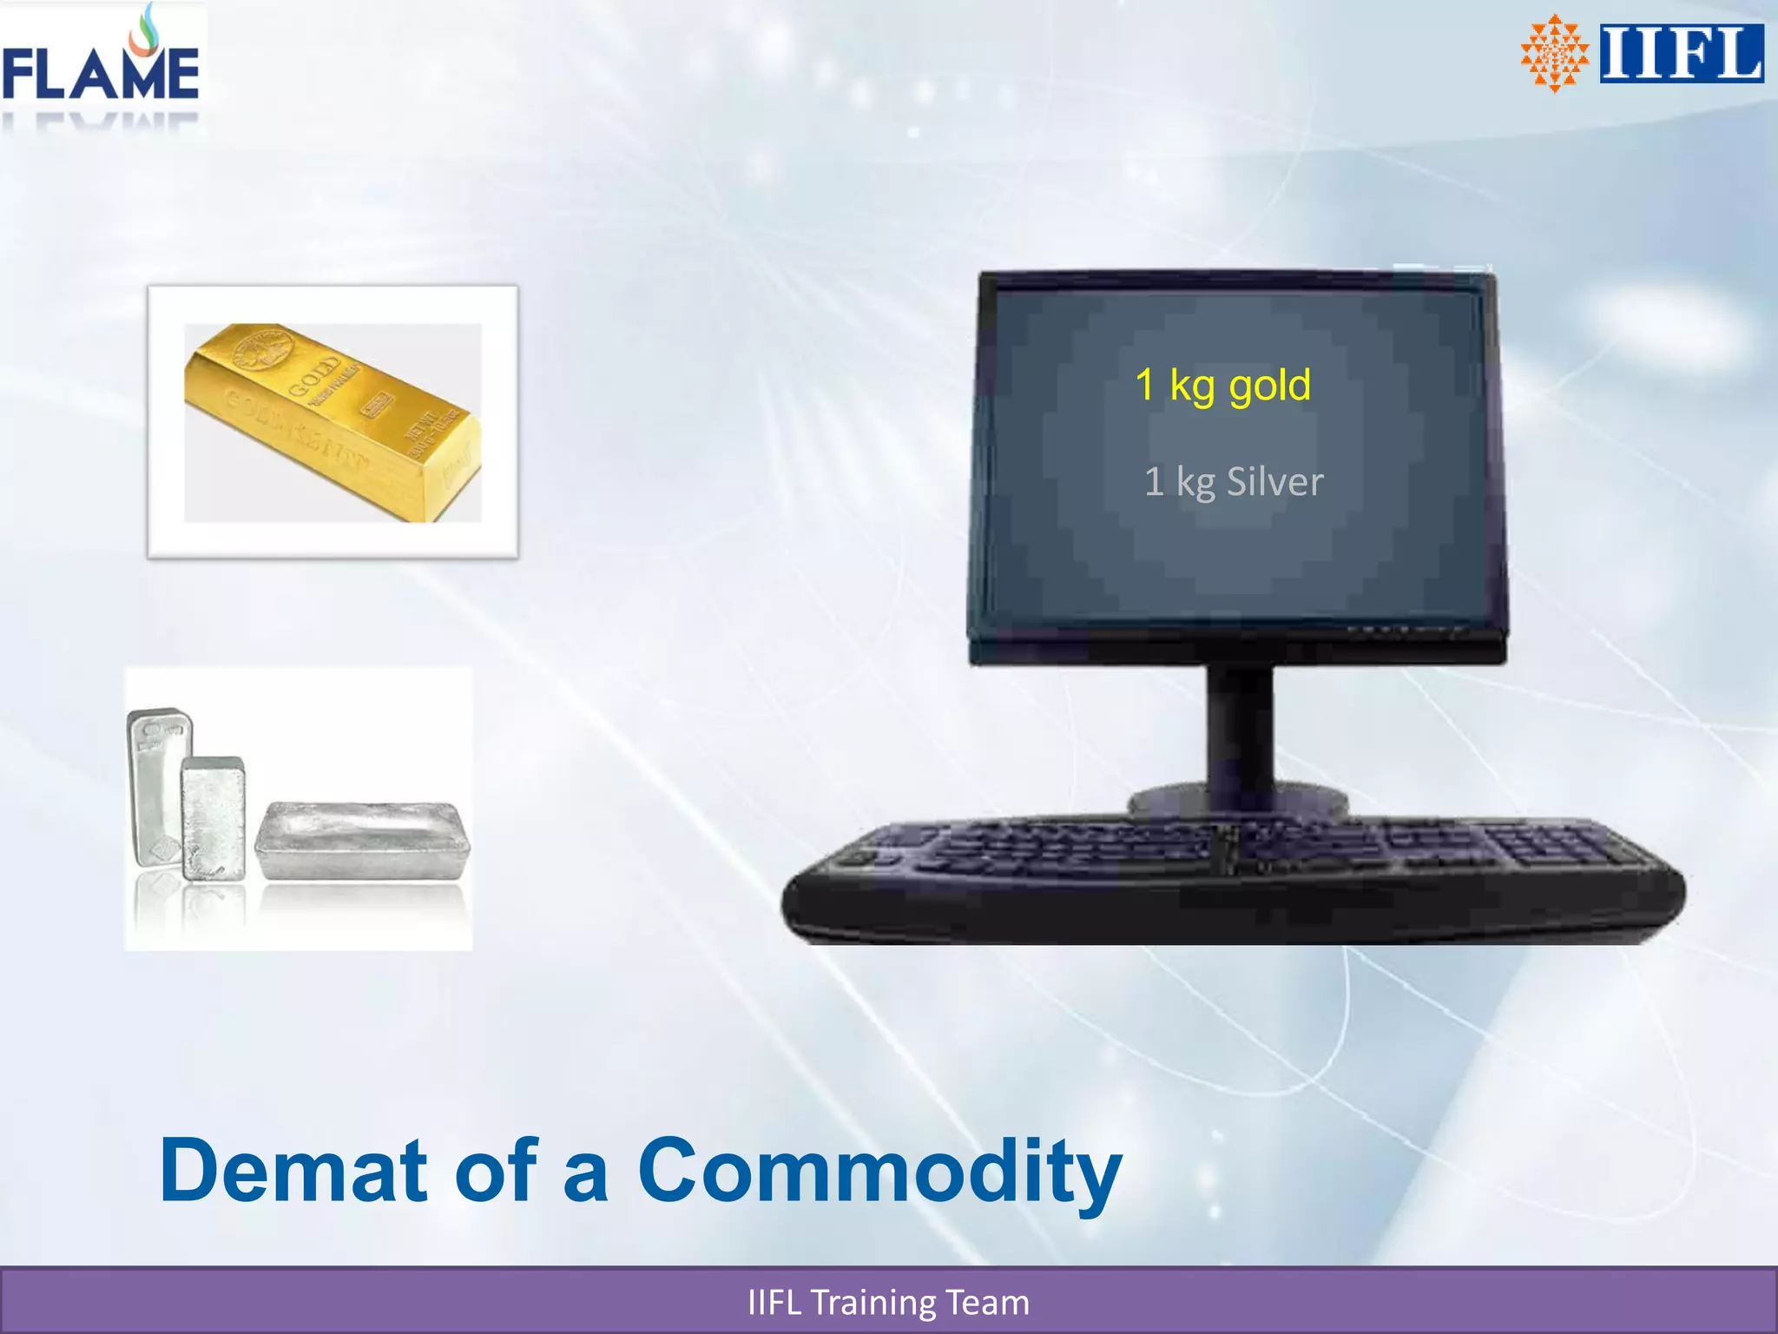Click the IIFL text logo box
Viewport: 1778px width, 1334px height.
pyautogui.click(x=1681, y=54)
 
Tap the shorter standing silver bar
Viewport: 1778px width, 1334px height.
pyautogui.click(x=214, y=818)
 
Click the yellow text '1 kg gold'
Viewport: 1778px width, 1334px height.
pyautogui.click(x=1222, y=386)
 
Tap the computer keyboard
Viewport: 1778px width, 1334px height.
pyautogui.click(x=1233, y=877)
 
